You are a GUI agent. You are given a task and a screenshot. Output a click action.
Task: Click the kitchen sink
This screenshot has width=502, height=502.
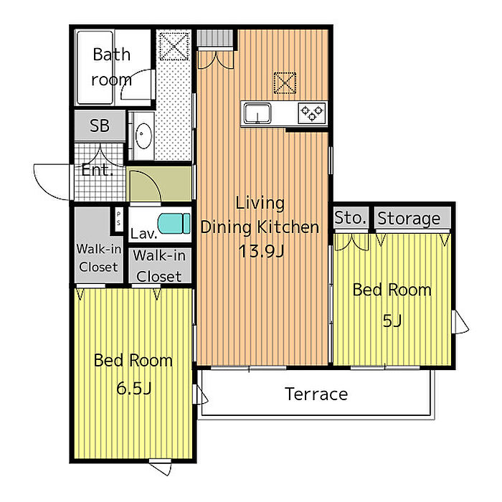[257, 113]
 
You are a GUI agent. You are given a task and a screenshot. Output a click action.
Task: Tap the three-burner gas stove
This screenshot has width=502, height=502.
[311, 113]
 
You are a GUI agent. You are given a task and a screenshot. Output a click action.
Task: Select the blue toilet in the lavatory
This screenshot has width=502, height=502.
[174, 223]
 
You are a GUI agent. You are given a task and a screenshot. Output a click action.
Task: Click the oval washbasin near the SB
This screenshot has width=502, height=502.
[143, 136]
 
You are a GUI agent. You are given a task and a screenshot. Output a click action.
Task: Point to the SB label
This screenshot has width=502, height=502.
[100, 126]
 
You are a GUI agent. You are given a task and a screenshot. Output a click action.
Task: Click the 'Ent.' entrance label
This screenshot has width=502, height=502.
[97, 170]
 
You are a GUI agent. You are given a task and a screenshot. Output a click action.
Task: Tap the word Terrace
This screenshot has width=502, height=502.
[316, 394]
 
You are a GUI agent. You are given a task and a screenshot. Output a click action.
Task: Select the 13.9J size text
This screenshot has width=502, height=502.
[261, 251]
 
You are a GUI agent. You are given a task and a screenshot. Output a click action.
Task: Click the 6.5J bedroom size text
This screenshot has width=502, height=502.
[133, 389]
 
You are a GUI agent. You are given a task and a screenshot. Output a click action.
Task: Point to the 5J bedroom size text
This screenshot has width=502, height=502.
[392, 321]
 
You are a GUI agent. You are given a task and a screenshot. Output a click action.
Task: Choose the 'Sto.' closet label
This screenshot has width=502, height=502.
[350, 218]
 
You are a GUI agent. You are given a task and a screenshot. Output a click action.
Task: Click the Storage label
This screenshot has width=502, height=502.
[409, 219]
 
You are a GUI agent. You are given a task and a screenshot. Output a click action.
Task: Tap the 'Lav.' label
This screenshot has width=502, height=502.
[143, 234]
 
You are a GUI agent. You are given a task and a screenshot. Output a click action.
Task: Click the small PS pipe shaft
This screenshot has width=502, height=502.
[118, 218]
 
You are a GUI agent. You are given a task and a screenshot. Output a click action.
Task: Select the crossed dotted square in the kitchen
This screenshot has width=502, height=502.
[285, 83]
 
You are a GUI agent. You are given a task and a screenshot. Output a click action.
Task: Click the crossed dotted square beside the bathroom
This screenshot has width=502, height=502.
[174, 46]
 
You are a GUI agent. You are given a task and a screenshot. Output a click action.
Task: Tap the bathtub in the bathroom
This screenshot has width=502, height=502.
[95, 67]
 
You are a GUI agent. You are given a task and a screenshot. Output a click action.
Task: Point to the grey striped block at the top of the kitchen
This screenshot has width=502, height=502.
[214, 38]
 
